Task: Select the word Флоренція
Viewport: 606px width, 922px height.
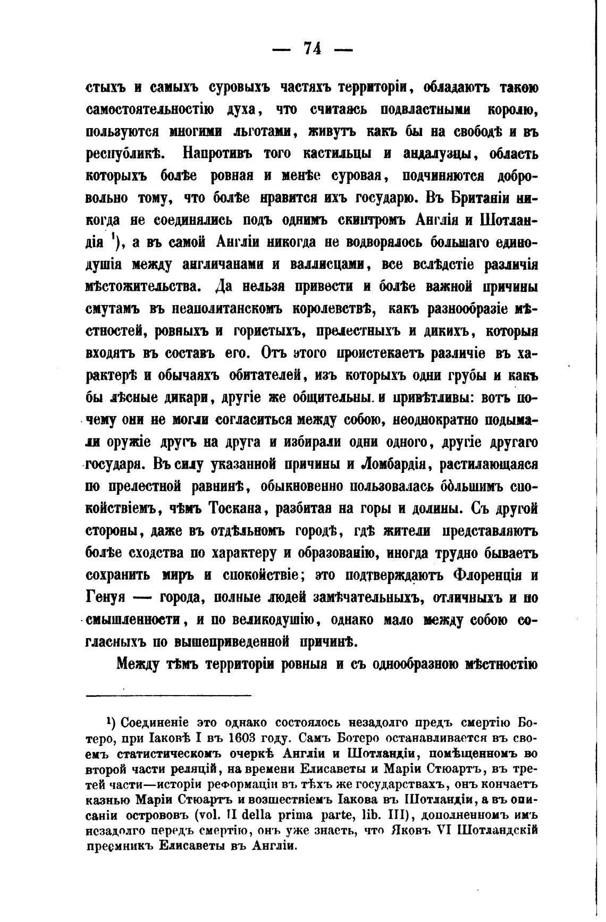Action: (490, 575)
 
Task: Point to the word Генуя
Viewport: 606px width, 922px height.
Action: (106, 597)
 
